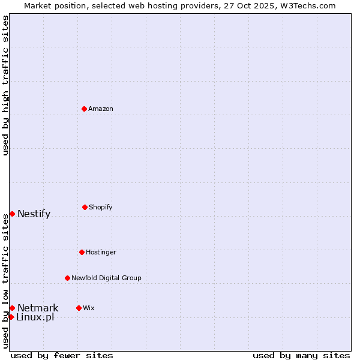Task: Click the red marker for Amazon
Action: pyautogui.click(x=84, y=109)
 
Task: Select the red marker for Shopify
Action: pyautogui.click(x=85, y=207)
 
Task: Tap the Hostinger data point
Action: pyautogui.click(x=82, y=252)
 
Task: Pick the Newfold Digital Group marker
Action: pyautogui.click(x=67, y=278)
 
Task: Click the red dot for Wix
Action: pyautogui.click(x=79, y=308)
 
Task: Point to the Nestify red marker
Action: pyautogui.click(x=12, y=214)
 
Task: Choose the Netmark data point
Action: pyautogui.click(x=12, y=308)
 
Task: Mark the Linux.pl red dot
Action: pyautogui.click(x=11, y=317)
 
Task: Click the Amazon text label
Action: pyautogui.click(x=101, y=109)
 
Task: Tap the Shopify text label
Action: pyautogui.click(x=101, y=207)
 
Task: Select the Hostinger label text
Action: pyautogui.click(x=101, y=252)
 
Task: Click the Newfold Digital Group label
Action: pyautogui.click(x=106, y=278)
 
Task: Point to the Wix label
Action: pyautogui.click(x=89, y=308)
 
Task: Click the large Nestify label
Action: pyautogui.click(x=34, y=214)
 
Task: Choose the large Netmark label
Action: pyautogui.click(x=38, y=308)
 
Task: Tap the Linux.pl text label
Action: pyautogui.click(x=35, y=317)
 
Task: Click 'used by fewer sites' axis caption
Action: pyautogui.click(x=62, y=355)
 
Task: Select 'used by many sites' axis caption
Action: pyautogui.click(x=301, y=355)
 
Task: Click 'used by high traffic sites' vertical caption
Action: pyautogui.click(x=5, y=85)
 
